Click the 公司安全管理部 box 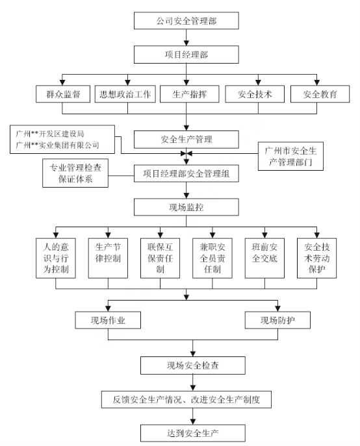coord(186,21)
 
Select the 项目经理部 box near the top coord(186,55)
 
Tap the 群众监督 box coord(63,94)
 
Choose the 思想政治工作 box coord(125,94)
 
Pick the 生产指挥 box coord(189,94)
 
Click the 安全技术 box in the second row coord(255,94)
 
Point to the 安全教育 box coord(320,94)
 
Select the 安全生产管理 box coord(186,140)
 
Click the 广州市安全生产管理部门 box coord(290,156)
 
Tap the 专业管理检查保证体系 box coord(75,173)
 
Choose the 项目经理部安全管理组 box coord(186,173)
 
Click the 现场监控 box coord(186,207)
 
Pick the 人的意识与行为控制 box coord(55,258)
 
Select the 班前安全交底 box coord(264,258)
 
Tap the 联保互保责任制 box coord(160,258)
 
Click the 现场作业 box coord(108,320)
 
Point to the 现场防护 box coord(277,320)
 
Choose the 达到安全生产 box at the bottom coord(193,433)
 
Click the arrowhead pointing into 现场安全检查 coord(193,354)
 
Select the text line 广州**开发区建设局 coord(50,134)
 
